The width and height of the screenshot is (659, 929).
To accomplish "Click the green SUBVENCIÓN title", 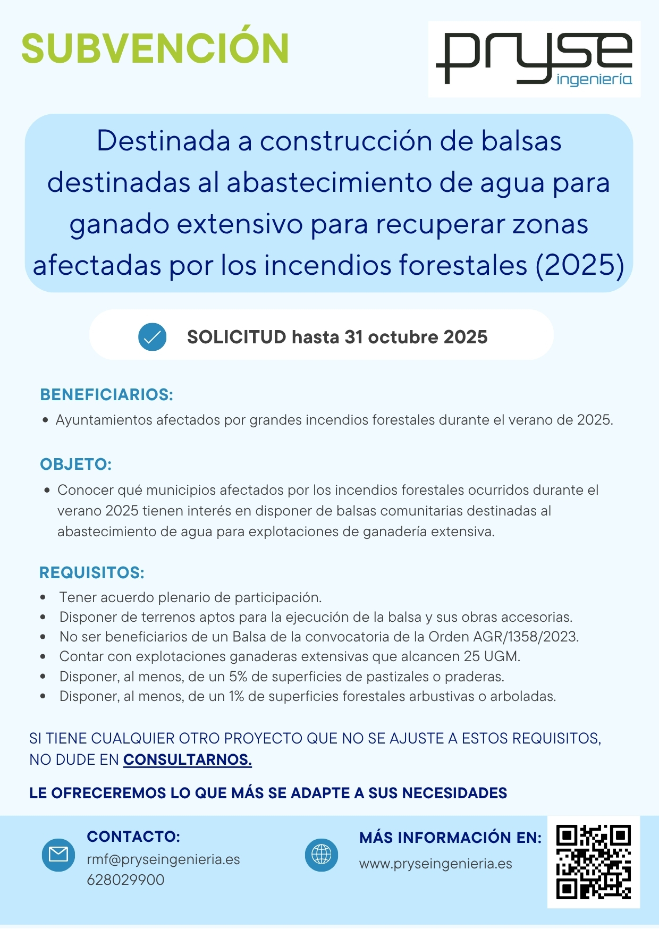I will [x=155, y=49].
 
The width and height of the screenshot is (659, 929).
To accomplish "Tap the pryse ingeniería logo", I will [x=534, y=59].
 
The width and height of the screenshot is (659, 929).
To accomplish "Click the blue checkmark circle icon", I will [x=152, y=337].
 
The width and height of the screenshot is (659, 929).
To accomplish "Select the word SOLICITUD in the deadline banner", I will [x=236, y=337].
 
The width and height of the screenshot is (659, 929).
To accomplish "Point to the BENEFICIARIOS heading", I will [x=106, y=395].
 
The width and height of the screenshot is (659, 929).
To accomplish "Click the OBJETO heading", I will [x=75, y=464].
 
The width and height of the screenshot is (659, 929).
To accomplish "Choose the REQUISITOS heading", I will [x=91, y=573].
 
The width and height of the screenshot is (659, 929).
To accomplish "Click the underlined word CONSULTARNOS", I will [x=187, y=760].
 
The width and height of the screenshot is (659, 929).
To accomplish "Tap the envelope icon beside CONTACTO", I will [x=58, y=855].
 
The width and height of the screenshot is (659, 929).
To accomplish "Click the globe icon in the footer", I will [x=321, y=855].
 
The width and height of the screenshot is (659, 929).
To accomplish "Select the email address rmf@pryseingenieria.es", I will [x=163, y=859].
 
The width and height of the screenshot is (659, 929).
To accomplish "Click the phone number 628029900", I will [x=125, y=880].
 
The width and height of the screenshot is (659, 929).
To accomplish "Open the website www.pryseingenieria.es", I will [x=435, y=864].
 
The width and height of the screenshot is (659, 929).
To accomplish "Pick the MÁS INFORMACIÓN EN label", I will [x=450, y=838].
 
